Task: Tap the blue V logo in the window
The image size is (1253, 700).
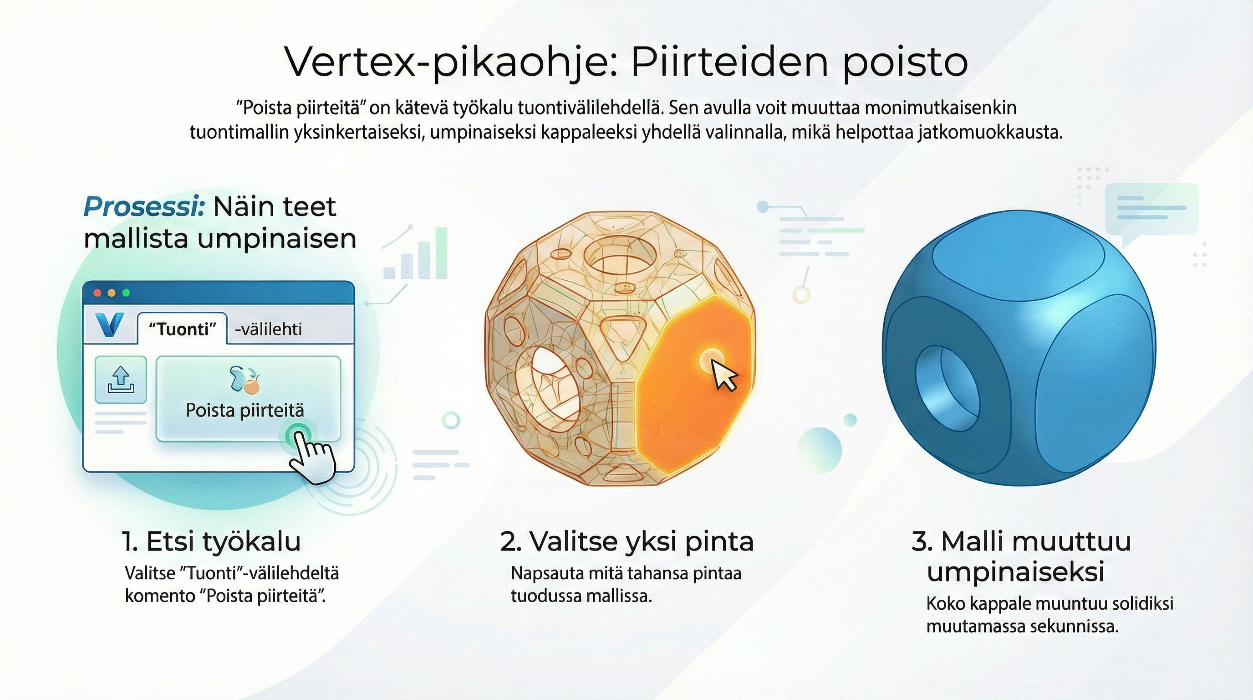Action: [x=109, y=326]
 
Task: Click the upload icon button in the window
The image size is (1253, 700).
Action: [x=121, y=380]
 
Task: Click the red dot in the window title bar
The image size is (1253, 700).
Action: [x=97, y=293]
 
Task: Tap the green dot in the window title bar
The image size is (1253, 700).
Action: [x=126, y=293]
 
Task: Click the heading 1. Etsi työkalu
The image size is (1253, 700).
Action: [x=211, y=542]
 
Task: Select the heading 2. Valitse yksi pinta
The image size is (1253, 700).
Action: [x=626, y=542]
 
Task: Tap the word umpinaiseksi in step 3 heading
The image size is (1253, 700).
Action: [x=1015, y=572]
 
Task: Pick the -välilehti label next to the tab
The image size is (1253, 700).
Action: [x=268, y=329]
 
